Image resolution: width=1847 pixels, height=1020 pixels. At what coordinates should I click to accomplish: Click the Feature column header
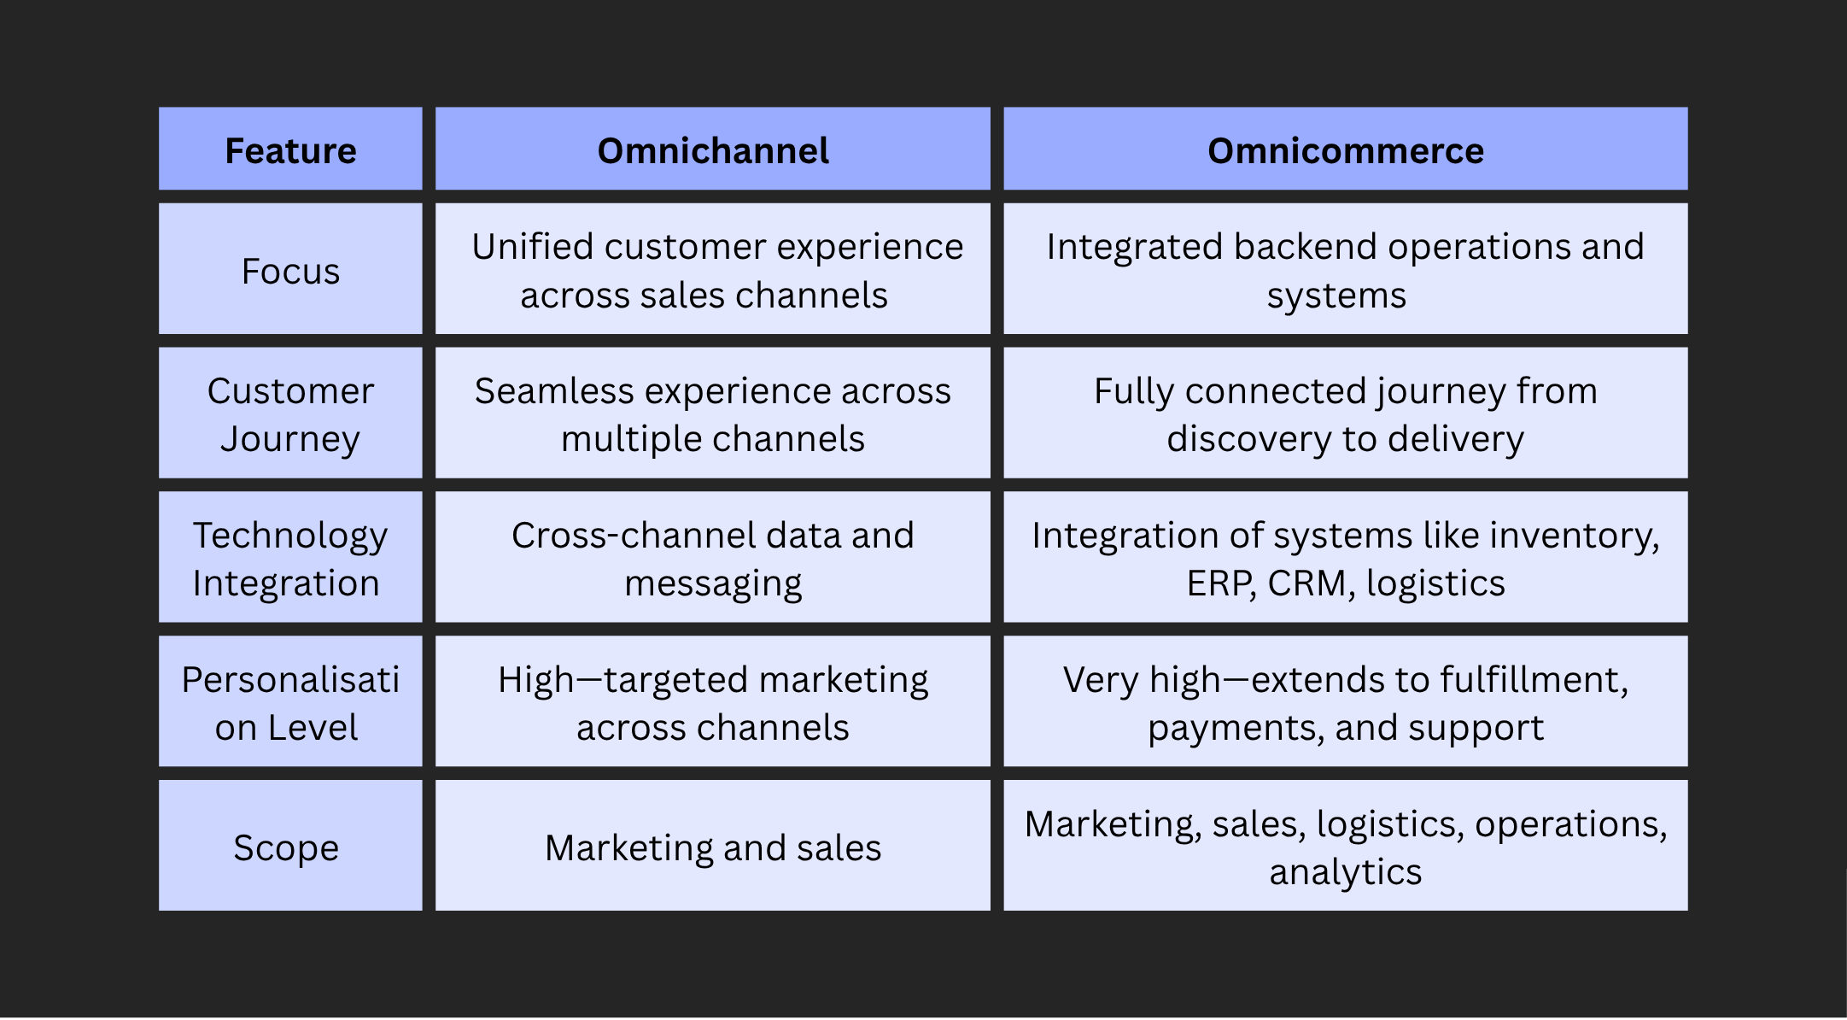tap(290, 150)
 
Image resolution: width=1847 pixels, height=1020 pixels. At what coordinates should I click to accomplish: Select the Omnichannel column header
tap(713, 150)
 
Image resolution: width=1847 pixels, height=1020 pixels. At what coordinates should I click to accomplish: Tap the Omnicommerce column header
tap(1345, 150)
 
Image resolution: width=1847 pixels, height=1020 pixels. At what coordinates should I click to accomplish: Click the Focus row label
tap(290, 271)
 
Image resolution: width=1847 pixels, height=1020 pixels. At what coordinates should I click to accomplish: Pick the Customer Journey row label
tap(290, 414)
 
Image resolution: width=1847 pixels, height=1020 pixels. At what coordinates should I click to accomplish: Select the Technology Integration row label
tap(290, 559)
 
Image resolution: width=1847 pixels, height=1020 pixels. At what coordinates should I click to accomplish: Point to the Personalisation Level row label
tap(290, 703)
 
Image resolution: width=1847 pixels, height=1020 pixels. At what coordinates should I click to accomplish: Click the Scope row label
tap(286, 847)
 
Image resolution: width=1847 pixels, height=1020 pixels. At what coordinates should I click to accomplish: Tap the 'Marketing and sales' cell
tap(713, 847)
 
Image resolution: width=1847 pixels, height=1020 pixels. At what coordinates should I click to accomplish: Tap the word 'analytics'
tap(1345, 872)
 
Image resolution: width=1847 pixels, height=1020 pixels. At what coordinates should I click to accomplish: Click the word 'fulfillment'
tap(1533, 680)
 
